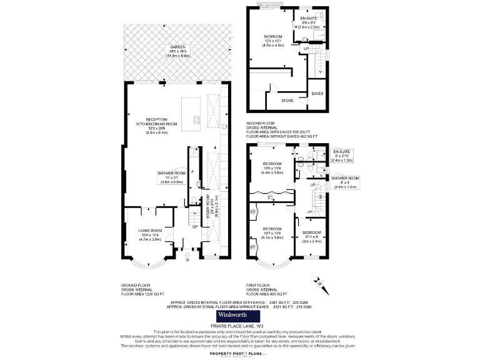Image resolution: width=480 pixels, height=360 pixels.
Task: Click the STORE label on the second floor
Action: tap(287, 100)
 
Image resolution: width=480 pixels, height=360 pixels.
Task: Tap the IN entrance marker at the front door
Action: tap(187, 259)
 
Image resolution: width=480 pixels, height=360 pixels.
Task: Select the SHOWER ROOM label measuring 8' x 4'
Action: tap(345, 182)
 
